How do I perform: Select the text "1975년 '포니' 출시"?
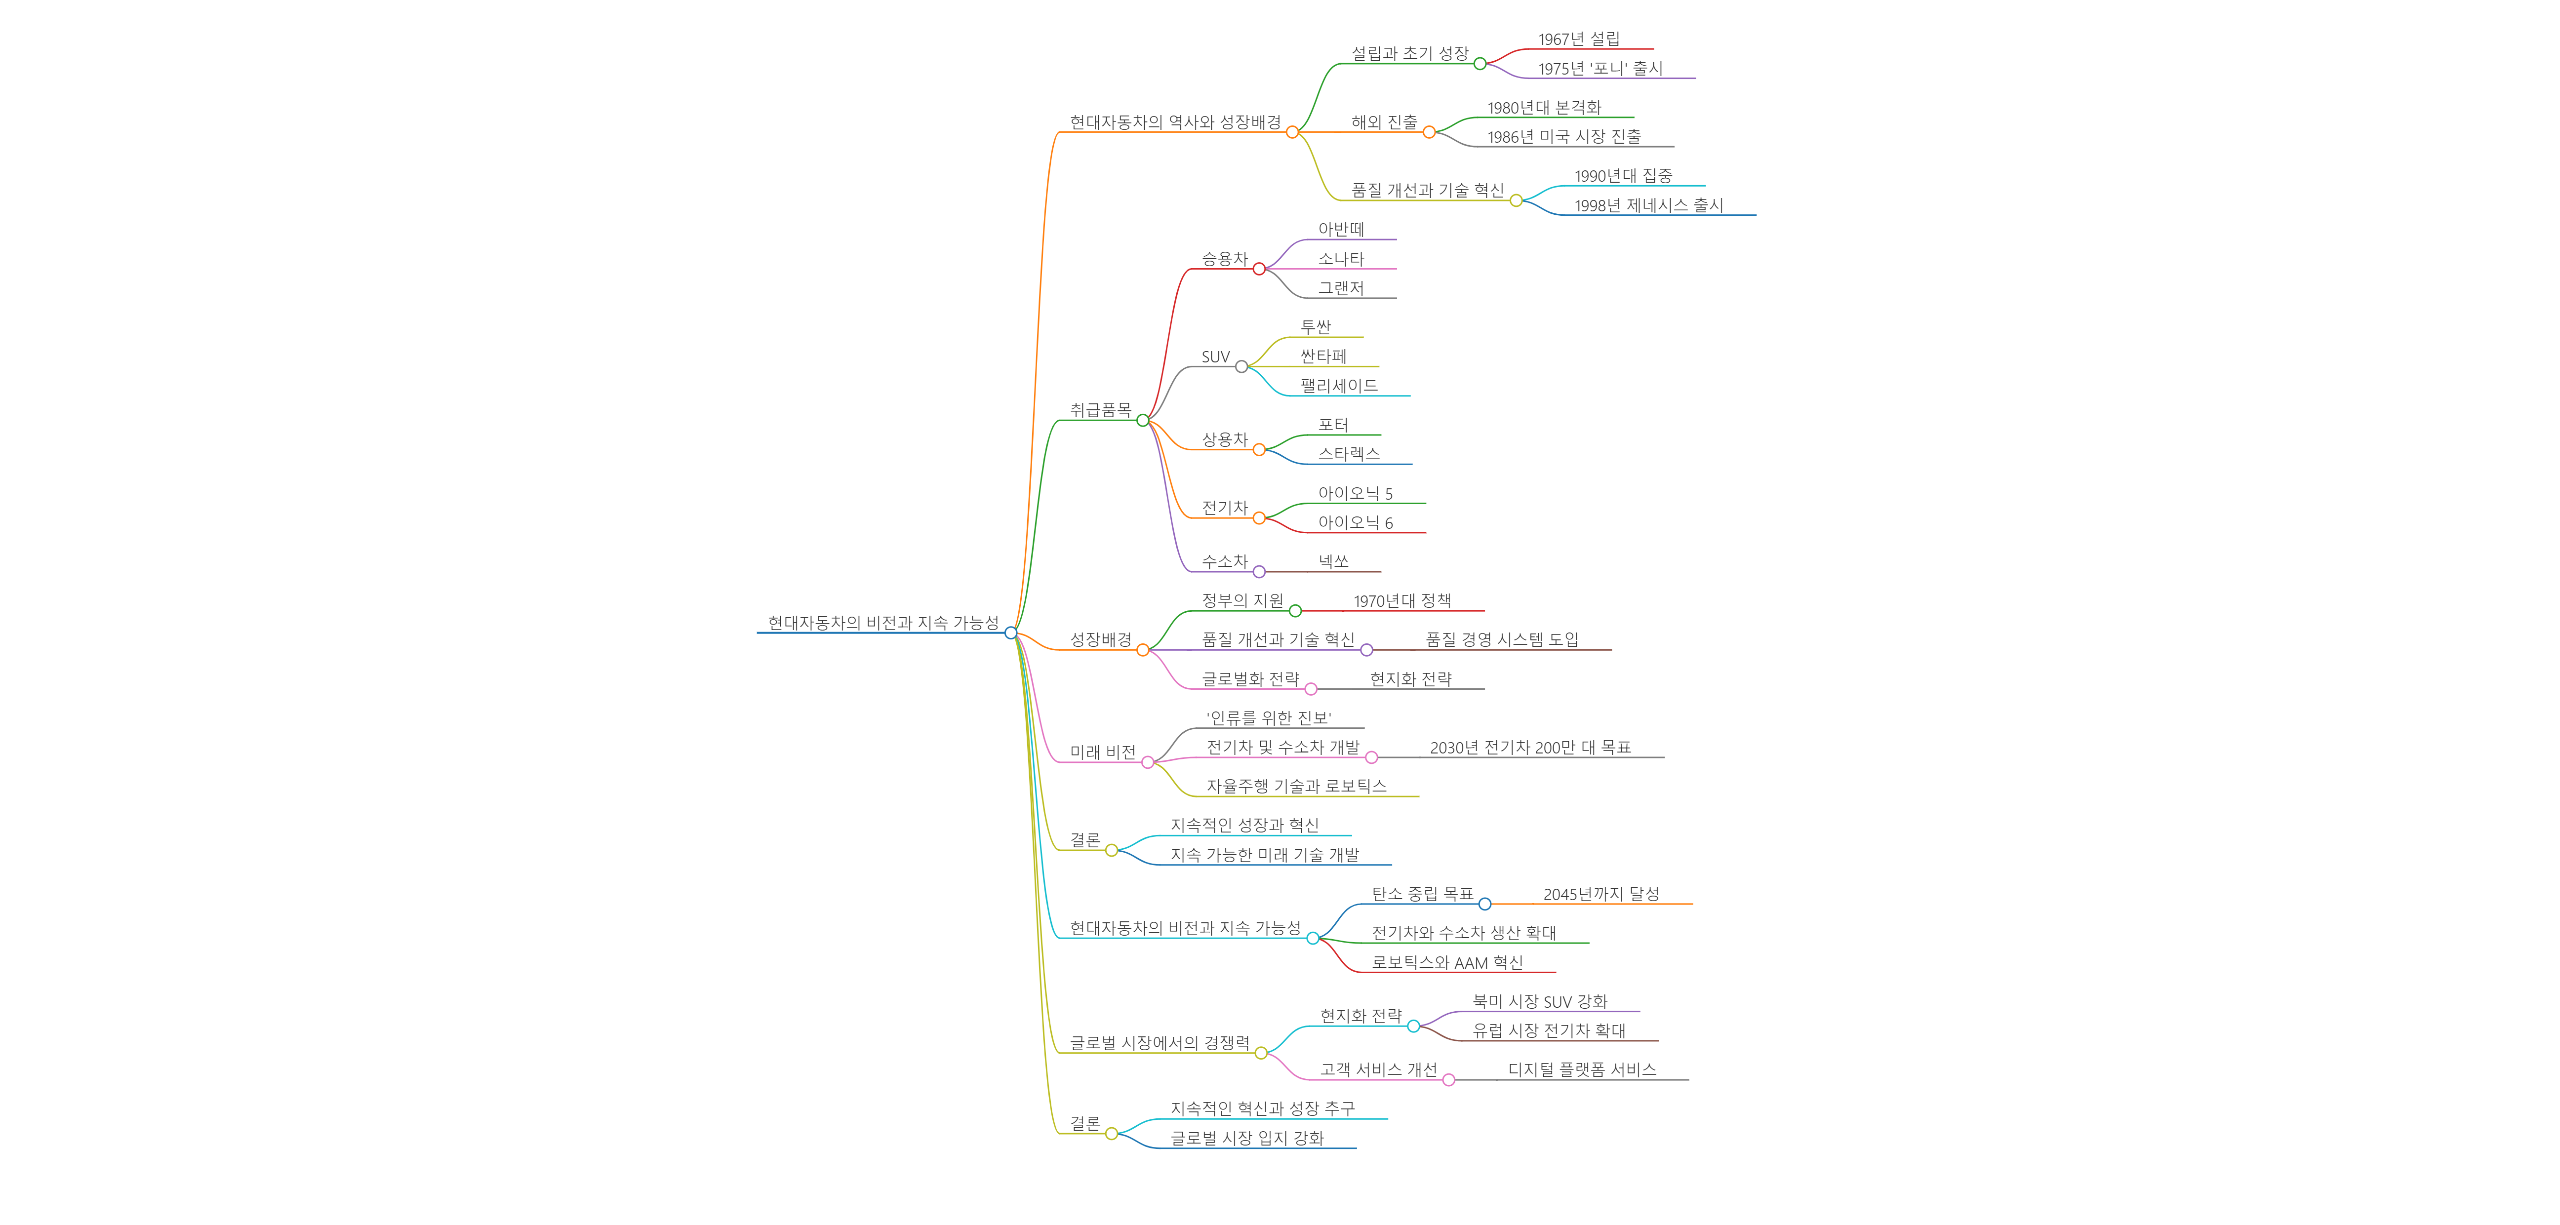tap(1600, 69)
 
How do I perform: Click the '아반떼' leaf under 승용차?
tap(1341, 230)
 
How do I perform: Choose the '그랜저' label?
tap(1341, 288)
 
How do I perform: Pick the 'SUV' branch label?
tap(1215, 356)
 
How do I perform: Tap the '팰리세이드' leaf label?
tap(1339, 386)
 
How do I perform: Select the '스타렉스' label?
tap(1349, 454)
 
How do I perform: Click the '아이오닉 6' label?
tap(1355, 522)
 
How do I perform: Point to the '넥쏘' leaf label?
tap(1333, 561)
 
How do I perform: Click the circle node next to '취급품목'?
tap(1143, 420)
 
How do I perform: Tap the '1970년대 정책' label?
tap(1401, 601)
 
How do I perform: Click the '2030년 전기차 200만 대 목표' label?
tap(1529, 747)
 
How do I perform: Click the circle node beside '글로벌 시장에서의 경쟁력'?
tap(1261, 1053)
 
